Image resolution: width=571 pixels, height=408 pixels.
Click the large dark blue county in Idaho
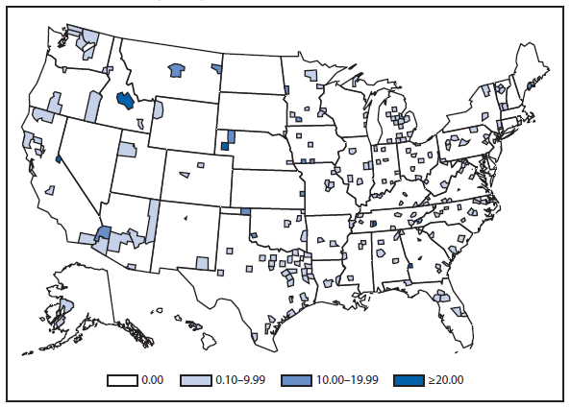pos(125,101)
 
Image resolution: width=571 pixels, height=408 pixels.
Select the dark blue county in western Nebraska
pos(225,146)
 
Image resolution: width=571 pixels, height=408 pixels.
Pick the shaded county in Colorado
pos(200,166)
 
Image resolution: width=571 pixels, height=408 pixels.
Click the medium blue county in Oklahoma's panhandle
pos(245,211)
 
